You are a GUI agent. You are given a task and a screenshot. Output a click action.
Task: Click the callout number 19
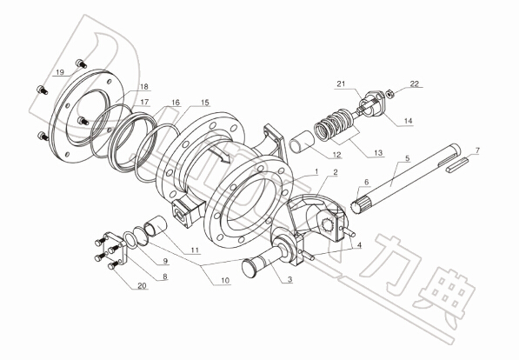pos(60,72)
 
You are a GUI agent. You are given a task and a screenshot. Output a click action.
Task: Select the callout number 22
pos(415,83)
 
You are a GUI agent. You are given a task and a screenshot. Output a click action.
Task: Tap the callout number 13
pos(378,153)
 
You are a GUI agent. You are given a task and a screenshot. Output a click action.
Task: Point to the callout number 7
pos(477,150)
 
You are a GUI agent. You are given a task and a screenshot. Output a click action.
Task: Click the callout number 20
pos(142,286)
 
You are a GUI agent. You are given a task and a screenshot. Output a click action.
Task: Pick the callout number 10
pos(225,281)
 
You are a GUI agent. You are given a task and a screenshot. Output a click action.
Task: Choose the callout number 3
pos(290,279)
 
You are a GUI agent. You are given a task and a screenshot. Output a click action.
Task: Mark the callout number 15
pos(205,103)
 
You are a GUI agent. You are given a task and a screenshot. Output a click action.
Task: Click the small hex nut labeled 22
pos(390,94)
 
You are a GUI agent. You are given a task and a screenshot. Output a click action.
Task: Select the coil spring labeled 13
pos(334,126)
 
